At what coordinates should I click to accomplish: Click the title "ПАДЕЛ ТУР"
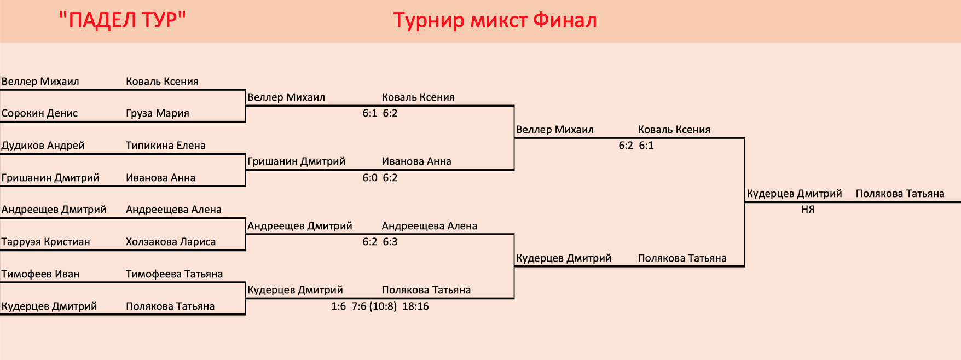coord(123,20)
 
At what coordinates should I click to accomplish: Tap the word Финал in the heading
coord(565,20)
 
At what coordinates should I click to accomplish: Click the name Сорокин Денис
coord(39,113)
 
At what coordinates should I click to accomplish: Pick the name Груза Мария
coord(158,113)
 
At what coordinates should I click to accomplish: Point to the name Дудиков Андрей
coord(43,146)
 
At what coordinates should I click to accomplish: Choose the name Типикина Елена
coord(166,146)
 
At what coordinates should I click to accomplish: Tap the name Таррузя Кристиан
coord(46,242)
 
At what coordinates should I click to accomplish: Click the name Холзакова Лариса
coord(171,242)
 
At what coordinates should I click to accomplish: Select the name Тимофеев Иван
coord(40,274)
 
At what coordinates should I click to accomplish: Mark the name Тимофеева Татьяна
coord(175,274)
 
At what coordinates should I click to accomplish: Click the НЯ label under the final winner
coord(808,210)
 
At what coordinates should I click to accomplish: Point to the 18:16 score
coord(415,306)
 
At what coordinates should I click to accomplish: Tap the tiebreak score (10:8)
coord(383,306)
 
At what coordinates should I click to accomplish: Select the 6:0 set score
coord(370,178)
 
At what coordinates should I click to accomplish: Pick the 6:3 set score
coord(390,242)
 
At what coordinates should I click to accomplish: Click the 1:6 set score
coord(339,306)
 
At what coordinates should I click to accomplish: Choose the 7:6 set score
coord(359,306)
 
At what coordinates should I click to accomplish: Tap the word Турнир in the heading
coord(429,21)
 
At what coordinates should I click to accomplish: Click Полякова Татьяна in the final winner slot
coord(900,194)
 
